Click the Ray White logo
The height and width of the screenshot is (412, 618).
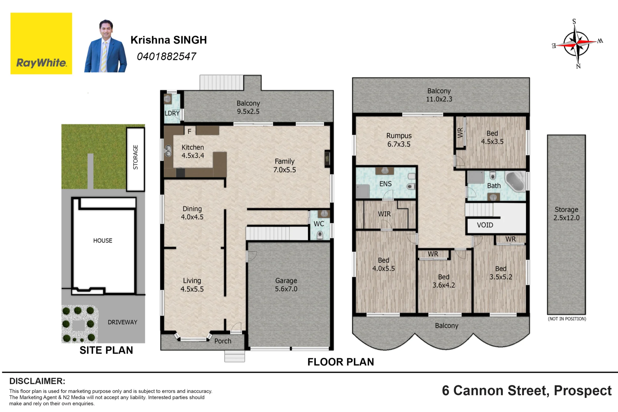(41, 43)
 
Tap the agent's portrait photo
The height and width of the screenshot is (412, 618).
(105, 46)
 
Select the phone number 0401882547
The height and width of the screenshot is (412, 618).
(166, 57)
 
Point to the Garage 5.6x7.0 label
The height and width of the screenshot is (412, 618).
(286, 285)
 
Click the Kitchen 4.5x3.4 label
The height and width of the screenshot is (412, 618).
(193, 151)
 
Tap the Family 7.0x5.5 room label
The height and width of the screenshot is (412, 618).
(285, 166)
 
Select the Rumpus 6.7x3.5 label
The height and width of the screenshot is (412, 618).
(399, 140)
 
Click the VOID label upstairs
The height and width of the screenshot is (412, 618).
(485, 225)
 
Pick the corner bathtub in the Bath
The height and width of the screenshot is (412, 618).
(515, 181)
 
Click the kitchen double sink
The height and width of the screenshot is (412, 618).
(168, 151)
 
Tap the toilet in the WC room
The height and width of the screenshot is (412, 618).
(320, 235)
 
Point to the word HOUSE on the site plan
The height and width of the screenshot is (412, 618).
(103, 241)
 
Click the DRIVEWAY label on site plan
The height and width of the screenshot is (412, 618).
(122, 322)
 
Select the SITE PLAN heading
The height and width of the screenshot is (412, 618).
(106, 350)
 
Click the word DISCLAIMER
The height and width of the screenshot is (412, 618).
(37, 381)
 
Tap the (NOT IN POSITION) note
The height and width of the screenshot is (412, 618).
(567, 319)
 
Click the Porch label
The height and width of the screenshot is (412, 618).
(223, 341)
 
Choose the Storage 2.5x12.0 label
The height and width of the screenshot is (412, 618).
(566, 214)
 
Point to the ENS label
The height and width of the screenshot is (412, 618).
(385, 184)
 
